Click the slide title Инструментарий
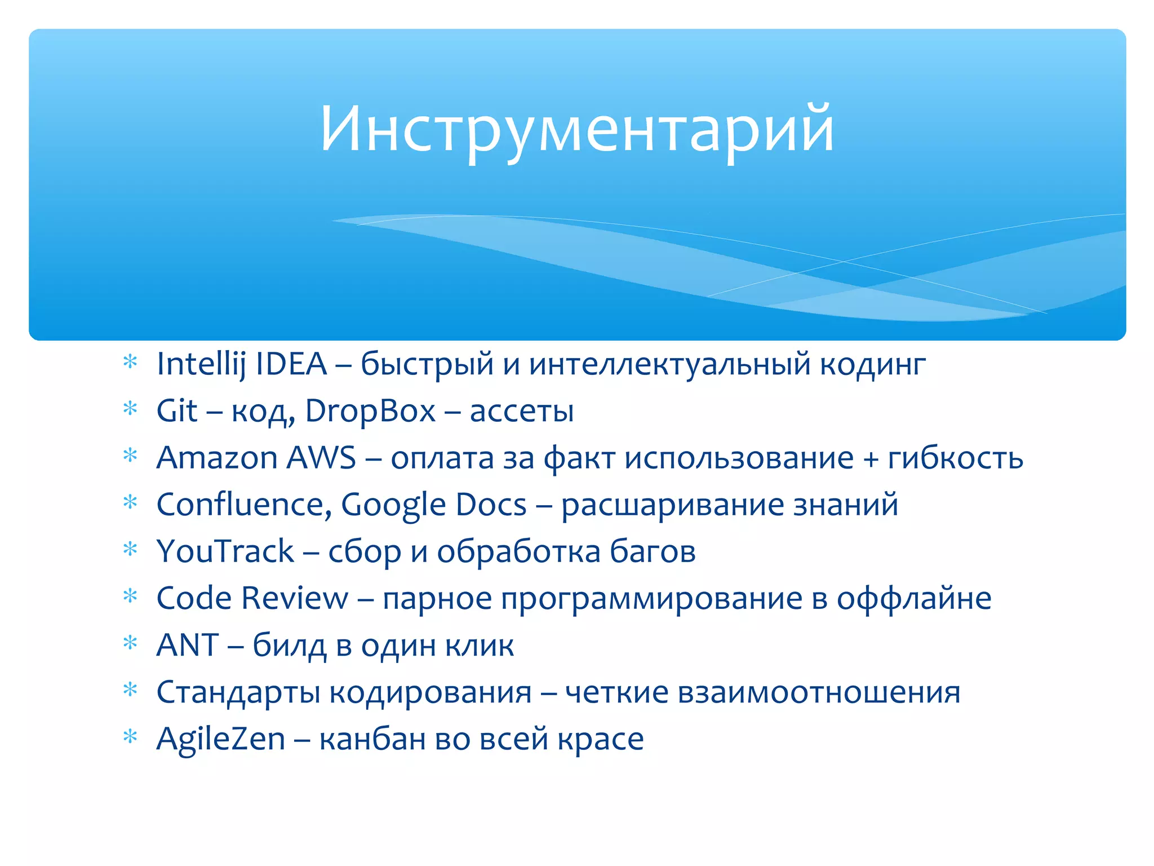tap(576, 130)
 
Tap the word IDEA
tap(291, 364)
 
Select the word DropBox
tap(370, 411)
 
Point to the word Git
tap(176, 411)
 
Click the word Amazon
tap(217, 458)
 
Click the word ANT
tap(187, 645)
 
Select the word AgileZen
tap(221, 739)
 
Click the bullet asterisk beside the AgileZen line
tap(130, 737)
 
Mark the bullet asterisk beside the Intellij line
tap(130, 362)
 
